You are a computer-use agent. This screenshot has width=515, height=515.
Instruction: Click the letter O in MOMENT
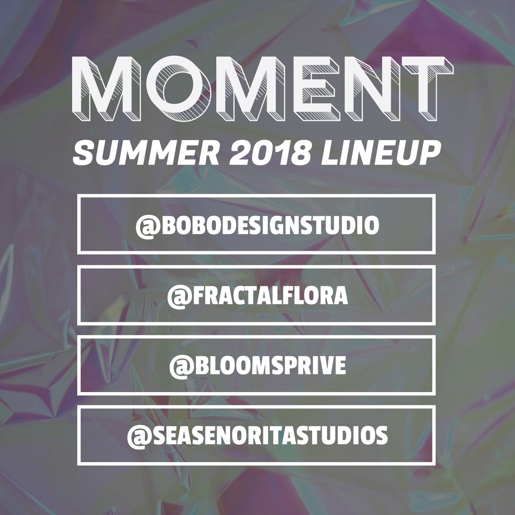pyautogui.click(x=178, y=88)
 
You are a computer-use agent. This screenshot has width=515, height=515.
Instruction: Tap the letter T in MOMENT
pyautogui.click(x=427, y=89)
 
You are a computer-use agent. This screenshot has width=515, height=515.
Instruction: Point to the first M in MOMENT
pyautogui.click(x=106, y=89)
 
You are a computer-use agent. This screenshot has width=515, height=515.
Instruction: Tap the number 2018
pyautogui.click(x=270, y=153)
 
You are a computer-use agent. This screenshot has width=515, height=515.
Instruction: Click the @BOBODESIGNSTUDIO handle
pyautogui.click(x=257, y=226)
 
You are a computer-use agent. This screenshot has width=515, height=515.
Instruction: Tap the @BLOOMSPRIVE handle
pyautogui.click(x=257, y=366)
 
